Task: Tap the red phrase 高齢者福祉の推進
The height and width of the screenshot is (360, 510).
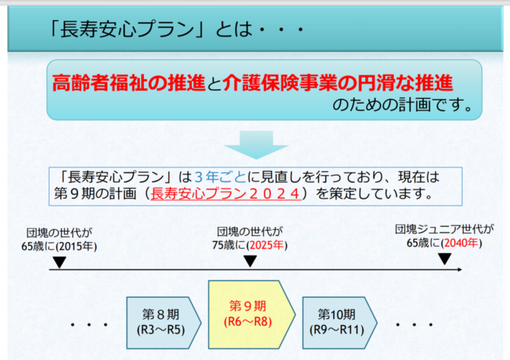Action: (x=129, y=83)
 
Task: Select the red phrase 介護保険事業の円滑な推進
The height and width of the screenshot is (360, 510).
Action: (x=338, y=83)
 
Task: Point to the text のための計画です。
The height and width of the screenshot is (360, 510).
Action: (x=403, y=105)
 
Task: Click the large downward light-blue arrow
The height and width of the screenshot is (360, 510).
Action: (x=256, y=145)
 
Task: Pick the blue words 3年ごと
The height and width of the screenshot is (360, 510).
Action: (x=221, y=177)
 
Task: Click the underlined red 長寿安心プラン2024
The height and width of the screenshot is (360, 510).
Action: (x=226, y=194)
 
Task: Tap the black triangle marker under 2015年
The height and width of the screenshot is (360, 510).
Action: (x=59, y=262)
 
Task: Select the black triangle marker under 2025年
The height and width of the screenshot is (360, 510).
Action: (x=250, y=261)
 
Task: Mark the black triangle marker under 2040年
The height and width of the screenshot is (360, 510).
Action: (x=445, y=259)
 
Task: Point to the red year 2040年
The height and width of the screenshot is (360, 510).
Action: (x=461, y=243)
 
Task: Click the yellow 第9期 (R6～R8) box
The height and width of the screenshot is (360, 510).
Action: (x=251, y=314)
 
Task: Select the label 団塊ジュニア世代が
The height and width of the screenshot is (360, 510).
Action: (x=444, y=229)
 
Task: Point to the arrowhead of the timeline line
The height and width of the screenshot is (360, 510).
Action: (x=460, y=269)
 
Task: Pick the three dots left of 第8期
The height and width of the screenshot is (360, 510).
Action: (x=89, y=324)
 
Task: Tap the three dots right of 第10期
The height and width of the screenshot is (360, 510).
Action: (x=414, y=324)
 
